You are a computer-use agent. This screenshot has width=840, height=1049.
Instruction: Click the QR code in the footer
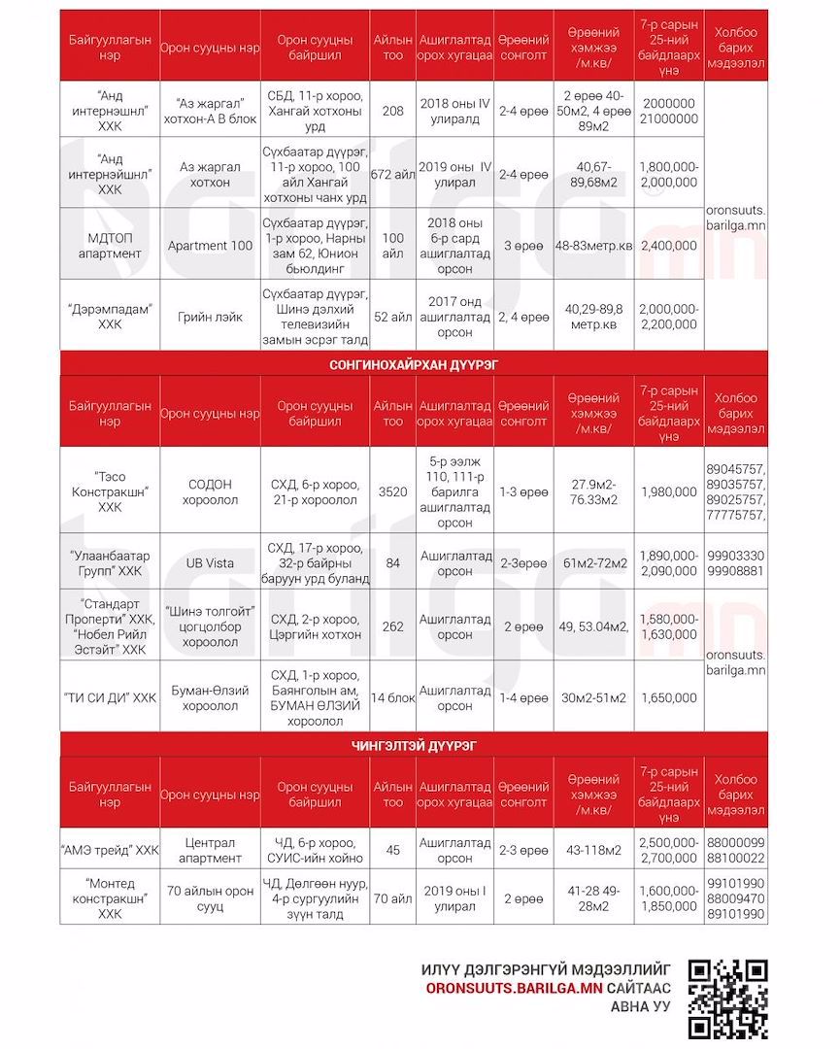pyautogui.click(x=727, y=998)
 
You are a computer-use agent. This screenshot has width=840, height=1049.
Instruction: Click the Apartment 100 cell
pyautogui.click(x=210, y=246)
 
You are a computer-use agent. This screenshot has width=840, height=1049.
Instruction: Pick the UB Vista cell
pyautogui.click(x=210, y=563)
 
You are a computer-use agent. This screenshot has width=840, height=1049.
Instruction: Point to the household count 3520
pyautogui.click(x=392, y=491)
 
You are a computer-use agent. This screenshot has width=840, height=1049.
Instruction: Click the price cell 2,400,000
pyautogui.click(x=668, y=246)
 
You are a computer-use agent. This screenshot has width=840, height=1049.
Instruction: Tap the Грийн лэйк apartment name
pyautogui.click(x=210, y=316)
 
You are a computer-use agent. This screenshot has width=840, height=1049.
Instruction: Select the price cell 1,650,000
pyautogui.click(x=668, y=697)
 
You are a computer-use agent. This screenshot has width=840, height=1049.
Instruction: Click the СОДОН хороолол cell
pyautogui.click(x=210, y=491)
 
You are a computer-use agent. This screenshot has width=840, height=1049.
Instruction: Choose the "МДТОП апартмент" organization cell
pyautogui.click(x=110, y=246)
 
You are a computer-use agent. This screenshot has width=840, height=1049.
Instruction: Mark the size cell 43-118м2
pyautogui.click(x=593, y=850)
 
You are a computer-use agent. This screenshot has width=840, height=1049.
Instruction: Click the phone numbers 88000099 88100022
pyautogui.click(x=735, y=850)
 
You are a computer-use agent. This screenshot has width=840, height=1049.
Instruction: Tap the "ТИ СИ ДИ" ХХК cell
pyautogui.click(x=110, y=697)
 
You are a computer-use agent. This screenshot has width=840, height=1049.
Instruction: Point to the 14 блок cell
pyautogui.click(x=392, y=697)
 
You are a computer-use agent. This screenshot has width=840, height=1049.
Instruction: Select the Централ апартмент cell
pyautogui.click(x=210, y=850)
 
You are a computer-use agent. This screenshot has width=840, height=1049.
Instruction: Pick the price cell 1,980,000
pyautogui.click(x=668, y=491)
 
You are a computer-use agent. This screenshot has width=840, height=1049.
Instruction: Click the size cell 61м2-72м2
pyautogui.click(x=593, y=563)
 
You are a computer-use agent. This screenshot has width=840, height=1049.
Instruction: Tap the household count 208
pyautogui.click(x=392, y=111)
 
